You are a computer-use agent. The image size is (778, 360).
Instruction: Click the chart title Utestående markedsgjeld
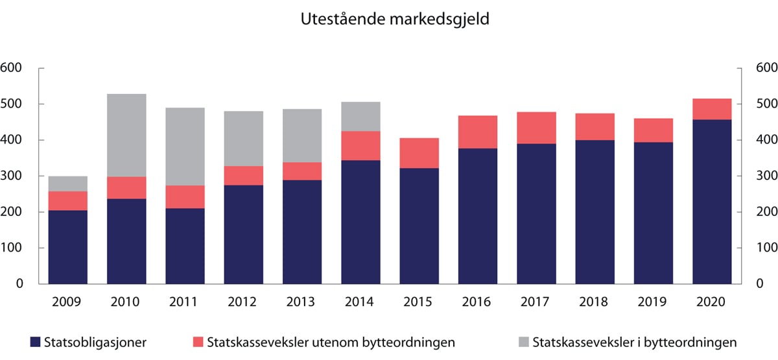point(394,20)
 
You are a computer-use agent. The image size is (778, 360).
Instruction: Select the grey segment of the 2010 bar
point(126,136)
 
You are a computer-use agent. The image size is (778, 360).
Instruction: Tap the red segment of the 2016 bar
point(478,132)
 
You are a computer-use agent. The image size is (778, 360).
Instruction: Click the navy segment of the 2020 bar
point(712,202)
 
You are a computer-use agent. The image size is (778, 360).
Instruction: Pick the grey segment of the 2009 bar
point(68,184)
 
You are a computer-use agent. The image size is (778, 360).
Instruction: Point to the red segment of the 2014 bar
point(360,146)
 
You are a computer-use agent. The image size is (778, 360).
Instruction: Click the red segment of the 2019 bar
point(654,130)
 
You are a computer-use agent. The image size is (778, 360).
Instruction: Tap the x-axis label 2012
point(243,302)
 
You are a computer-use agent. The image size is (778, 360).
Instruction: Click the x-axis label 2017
point(536,302)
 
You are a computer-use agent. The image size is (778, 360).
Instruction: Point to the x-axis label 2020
point(712,302)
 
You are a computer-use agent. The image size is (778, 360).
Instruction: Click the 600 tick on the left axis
point(12,68)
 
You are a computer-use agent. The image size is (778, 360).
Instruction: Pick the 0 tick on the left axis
point(20,284)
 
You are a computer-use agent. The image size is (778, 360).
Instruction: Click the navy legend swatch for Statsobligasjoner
point(35,342)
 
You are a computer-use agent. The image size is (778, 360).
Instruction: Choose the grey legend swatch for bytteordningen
point(523,342)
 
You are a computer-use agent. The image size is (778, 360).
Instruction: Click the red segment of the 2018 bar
point(595,126)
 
